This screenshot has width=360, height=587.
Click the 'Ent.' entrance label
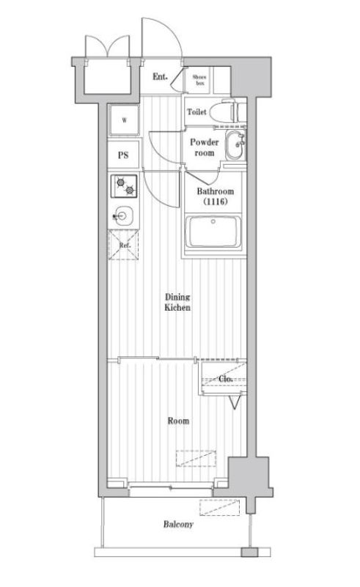coord(160,77)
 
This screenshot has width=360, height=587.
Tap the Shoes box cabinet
coord(199,80)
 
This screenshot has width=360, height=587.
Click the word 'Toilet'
coord(196,112)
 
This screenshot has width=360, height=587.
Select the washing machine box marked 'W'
coord(125,121)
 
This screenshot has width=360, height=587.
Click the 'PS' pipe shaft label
coord(124,156)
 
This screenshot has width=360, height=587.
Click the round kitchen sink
coord(124,217)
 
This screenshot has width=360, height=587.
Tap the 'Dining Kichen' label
coord(177,303)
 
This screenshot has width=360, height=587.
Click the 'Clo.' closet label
coord(225,379)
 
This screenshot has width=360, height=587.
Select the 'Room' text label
coord(178,421)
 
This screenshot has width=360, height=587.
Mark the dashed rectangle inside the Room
coord(196,457)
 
